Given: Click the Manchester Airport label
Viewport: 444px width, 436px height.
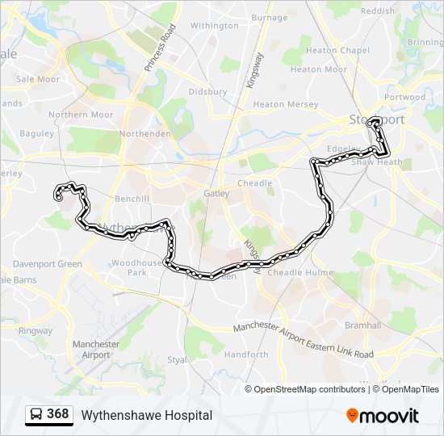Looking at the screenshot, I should click(96, 350).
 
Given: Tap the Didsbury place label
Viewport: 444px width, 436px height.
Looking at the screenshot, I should click(207, 92).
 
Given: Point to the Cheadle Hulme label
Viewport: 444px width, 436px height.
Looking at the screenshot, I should click(300, 272).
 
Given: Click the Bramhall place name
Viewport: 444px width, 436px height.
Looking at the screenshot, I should click(363, 325).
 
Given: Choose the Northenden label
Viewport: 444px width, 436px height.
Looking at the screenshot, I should click(145, 134).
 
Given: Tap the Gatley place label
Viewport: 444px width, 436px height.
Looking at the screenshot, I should click(217, 194).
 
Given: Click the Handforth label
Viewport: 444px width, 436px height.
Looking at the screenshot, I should click(246, 354).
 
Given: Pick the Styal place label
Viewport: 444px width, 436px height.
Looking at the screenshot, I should click(176, 360).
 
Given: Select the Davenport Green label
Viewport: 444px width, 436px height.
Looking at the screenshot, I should click(47, 264).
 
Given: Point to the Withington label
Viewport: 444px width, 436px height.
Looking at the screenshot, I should click(214, 26).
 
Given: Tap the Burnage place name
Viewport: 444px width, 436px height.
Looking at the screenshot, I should click(269, 17).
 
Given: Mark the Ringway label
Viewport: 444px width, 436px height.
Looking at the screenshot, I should click(36, 331).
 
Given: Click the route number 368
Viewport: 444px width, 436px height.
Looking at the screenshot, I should click(57, 414).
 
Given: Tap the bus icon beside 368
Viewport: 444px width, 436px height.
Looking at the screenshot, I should click(36, 415).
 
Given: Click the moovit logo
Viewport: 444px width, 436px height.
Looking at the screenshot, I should click(383, 416).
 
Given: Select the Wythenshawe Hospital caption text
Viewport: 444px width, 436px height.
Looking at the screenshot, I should click(146, 415).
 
